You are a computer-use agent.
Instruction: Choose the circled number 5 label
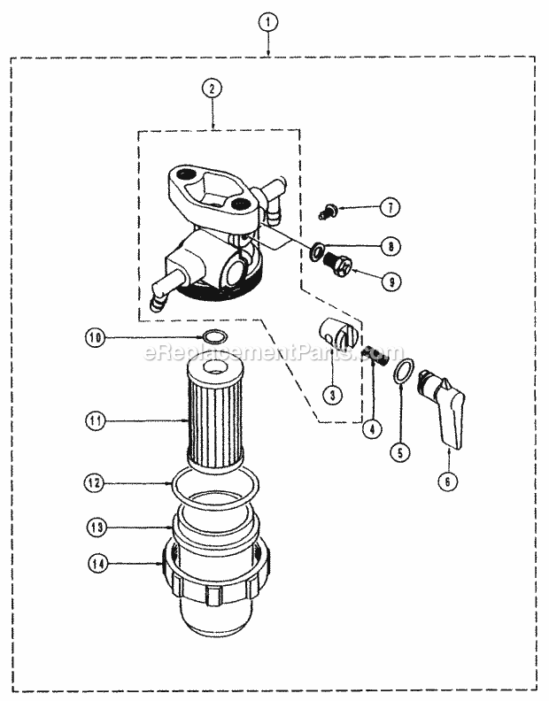(403, 451)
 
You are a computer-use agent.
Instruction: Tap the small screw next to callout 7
(326, 212)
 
